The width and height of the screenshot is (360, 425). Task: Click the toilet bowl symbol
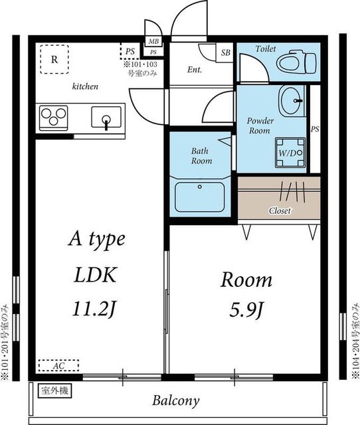coord(296,62)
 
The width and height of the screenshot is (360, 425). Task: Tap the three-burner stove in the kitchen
coord(53,118)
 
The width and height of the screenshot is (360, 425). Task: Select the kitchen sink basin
coord(106,117)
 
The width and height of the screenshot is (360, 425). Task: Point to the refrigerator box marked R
coord(54,59)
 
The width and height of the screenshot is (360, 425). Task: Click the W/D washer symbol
coord(290,153)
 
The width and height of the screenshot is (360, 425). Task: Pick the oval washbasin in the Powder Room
coord(292,100)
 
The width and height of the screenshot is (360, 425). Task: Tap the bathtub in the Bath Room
coord(200,197)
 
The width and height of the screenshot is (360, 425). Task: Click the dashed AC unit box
coord(58,366)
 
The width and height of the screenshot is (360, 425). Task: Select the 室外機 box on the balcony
coord(54,391)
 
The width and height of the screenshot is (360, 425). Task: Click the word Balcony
coord(175,400)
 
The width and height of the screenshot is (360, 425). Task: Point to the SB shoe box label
coord(226,52)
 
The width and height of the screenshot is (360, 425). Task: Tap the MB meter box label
coord(153,41)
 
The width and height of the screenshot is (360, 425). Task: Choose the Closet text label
coord(280,211)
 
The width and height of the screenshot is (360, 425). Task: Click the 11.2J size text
coord(94,309)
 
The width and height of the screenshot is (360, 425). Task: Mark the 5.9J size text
coord(246,309)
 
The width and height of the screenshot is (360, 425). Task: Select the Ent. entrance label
coord(195,70)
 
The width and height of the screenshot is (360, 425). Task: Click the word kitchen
coord(85,86)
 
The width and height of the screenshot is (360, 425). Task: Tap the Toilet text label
coord(266,48)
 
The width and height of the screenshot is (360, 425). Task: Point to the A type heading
coord(97,240)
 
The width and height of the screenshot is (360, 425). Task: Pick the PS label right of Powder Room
coord(315,129)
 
